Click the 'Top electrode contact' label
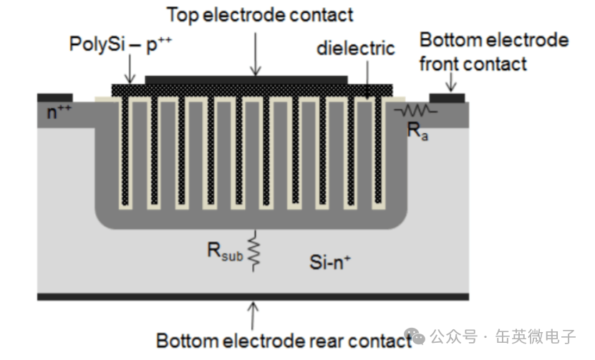(260, 15)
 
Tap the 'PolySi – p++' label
(120, 44)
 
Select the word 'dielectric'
(356, 48)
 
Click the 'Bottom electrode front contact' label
(493, 52)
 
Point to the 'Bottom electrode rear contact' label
(284, 340)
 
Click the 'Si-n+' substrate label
(330, 262)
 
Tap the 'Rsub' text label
(225, 251)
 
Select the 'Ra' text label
(417, 131)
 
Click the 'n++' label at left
(59, 112)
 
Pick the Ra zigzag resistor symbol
(416, 111)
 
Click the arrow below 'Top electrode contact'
(256, 54)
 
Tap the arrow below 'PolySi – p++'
(130, 69)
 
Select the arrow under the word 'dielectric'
(367, 79)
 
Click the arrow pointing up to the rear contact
(253, 316)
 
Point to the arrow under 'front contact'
(451, 82)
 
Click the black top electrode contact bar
(246, 80)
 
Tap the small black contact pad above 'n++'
(55, 98)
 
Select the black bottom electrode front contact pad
(447, 98)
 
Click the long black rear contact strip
(253, 296)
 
